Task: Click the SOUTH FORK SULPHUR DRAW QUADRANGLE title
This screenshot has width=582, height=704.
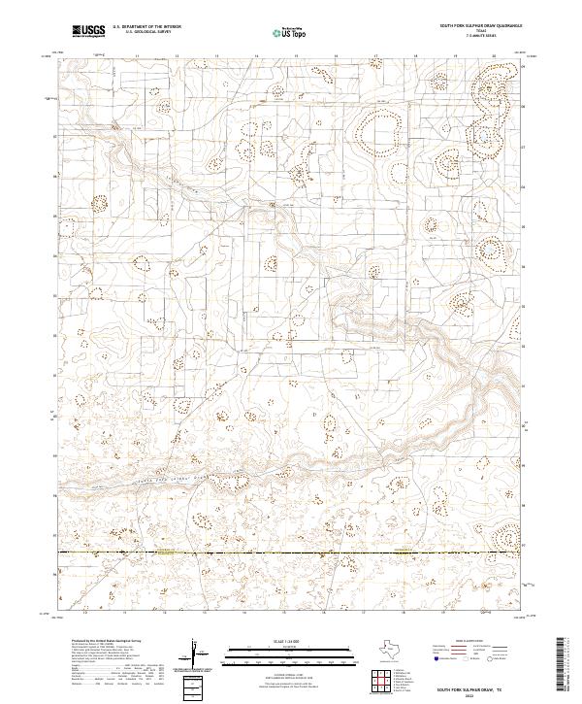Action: tap(481, 26)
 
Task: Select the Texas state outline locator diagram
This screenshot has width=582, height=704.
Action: tap(397, 651)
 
